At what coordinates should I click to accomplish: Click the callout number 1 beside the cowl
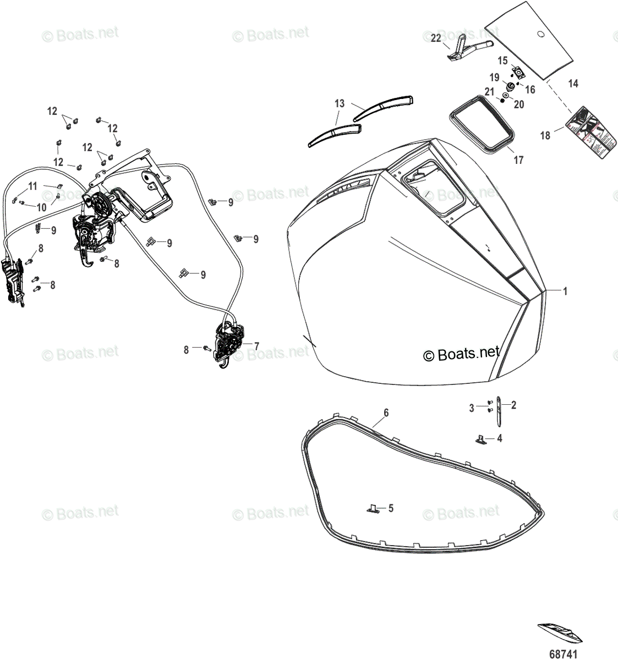564,291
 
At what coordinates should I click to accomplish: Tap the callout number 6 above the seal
386,413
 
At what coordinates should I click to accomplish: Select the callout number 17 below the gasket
518,160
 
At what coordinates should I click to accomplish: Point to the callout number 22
436,38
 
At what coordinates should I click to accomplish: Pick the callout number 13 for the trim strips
340,103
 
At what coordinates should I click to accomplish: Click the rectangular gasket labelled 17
483,124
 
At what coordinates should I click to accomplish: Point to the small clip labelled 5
373,509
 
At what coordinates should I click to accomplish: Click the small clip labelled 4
480,438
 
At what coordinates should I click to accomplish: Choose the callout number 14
573,84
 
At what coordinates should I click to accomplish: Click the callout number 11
32,186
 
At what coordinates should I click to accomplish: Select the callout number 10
42,207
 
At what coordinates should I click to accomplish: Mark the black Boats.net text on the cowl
461,354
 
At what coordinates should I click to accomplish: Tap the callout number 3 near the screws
472,408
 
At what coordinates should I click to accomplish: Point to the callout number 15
503,61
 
